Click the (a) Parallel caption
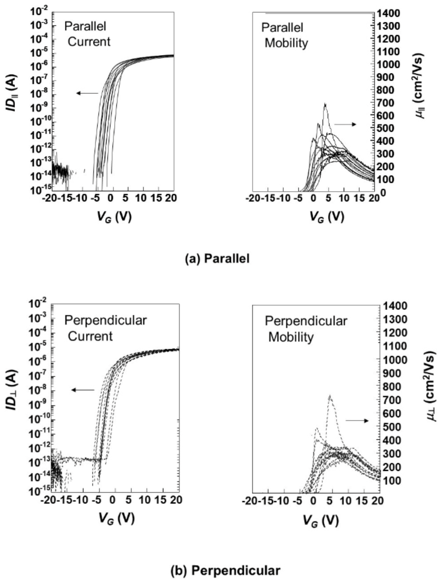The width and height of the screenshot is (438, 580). (217, 259)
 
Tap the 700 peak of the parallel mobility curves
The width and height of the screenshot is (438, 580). (325, 104)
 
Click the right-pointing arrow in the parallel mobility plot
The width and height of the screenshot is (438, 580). (345, 124)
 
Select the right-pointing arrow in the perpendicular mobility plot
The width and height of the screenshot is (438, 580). (357, 421)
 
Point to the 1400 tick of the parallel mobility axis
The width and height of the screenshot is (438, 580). (389, 13)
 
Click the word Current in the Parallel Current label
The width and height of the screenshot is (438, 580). (89, 42)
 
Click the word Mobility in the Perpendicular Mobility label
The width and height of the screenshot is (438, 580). (291, 337)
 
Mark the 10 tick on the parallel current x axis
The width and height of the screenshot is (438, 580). (142, 198)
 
